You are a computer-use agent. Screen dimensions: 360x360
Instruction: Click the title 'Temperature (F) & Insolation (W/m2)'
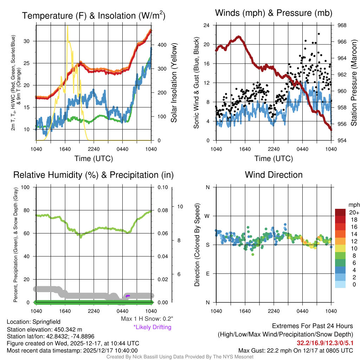click(94, 16)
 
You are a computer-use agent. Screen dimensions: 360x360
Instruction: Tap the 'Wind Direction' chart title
click(274, 175)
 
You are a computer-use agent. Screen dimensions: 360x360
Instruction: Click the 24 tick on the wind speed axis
click(207, 25)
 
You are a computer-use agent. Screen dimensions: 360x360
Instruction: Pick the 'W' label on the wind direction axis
click(207, 216)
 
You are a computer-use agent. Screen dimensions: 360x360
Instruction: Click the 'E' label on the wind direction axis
click(207, 274)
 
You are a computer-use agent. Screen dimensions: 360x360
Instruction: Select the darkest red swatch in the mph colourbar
click(341, 212)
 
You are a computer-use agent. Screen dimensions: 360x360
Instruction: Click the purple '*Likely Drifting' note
click(152, 327)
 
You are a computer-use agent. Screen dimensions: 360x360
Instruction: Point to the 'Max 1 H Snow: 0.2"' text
click(147, 319)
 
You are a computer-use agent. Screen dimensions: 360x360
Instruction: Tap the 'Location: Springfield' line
click(33, 322)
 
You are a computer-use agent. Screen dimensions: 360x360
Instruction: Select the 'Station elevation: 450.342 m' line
click(44, 329)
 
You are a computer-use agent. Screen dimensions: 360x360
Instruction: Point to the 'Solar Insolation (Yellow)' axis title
click(174, 83)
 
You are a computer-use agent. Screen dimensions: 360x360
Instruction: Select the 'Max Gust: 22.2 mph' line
click(295, 351)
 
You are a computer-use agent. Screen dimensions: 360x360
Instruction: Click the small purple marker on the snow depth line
click(128, 296)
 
